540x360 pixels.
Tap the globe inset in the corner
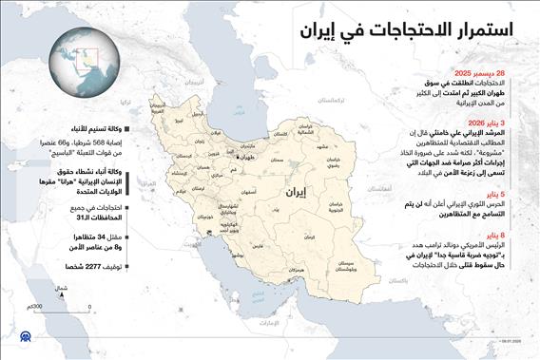[83, 62]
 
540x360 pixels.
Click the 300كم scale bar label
[38, 307]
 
